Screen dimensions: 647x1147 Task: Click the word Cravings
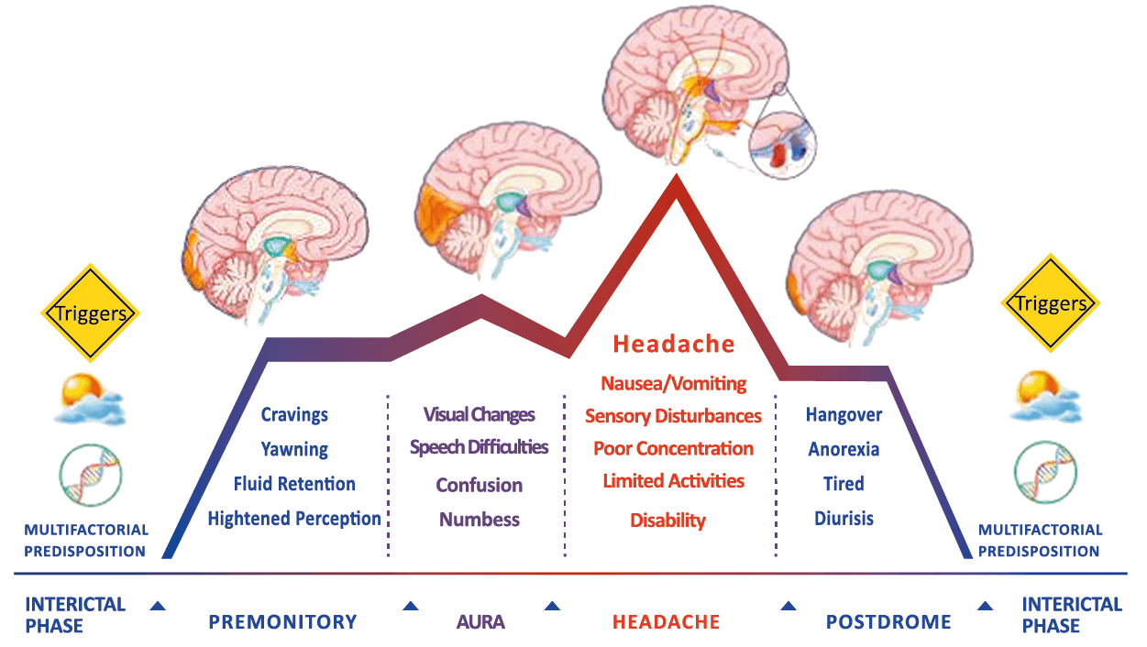[x=294, y=415]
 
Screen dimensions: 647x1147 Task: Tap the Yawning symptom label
[x=294, y=450]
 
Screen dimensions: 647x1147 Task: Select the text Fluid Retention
[x=294, y=484]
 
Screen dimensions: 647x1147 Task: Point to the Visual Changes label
[x=479, y=414]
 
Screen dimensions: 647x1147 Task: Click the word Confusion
[x=479, y=486]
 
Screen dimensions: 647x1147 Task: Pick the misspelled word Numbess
[x=479, y=520]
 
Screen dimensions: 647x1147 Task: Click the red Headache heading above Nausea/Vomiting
[x=673, y=345]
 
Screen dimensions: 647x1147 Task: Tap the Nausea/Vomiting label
[x=673, y=383]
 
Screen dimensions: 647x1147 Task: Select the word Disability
[x=667, y=521]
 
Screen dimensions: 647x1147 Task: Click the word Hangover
[x=844, y=415]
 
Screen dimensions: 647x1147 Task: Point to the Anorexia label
[x=844, y=449]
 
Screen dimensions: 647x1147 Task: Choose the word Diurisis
[x=844, y=519]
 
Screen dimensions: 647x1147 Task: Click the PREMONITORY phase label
[x=282, y=622]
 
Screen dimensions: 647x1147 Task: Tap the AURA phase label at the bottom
[x=480, y=622]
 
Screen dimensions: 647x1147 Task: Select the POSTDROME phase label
[x=888, y=622]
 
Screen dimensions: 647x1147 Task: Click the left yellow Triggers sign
[x=91, y=313]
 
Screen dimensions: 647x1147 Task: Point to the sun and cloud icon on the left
[x=89, y=397]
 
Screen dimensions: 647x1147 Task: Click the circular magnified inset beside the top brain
[x=782, y=145]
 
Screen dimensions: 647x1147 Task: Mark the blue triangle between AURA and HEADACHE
[x=552, y=606]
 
